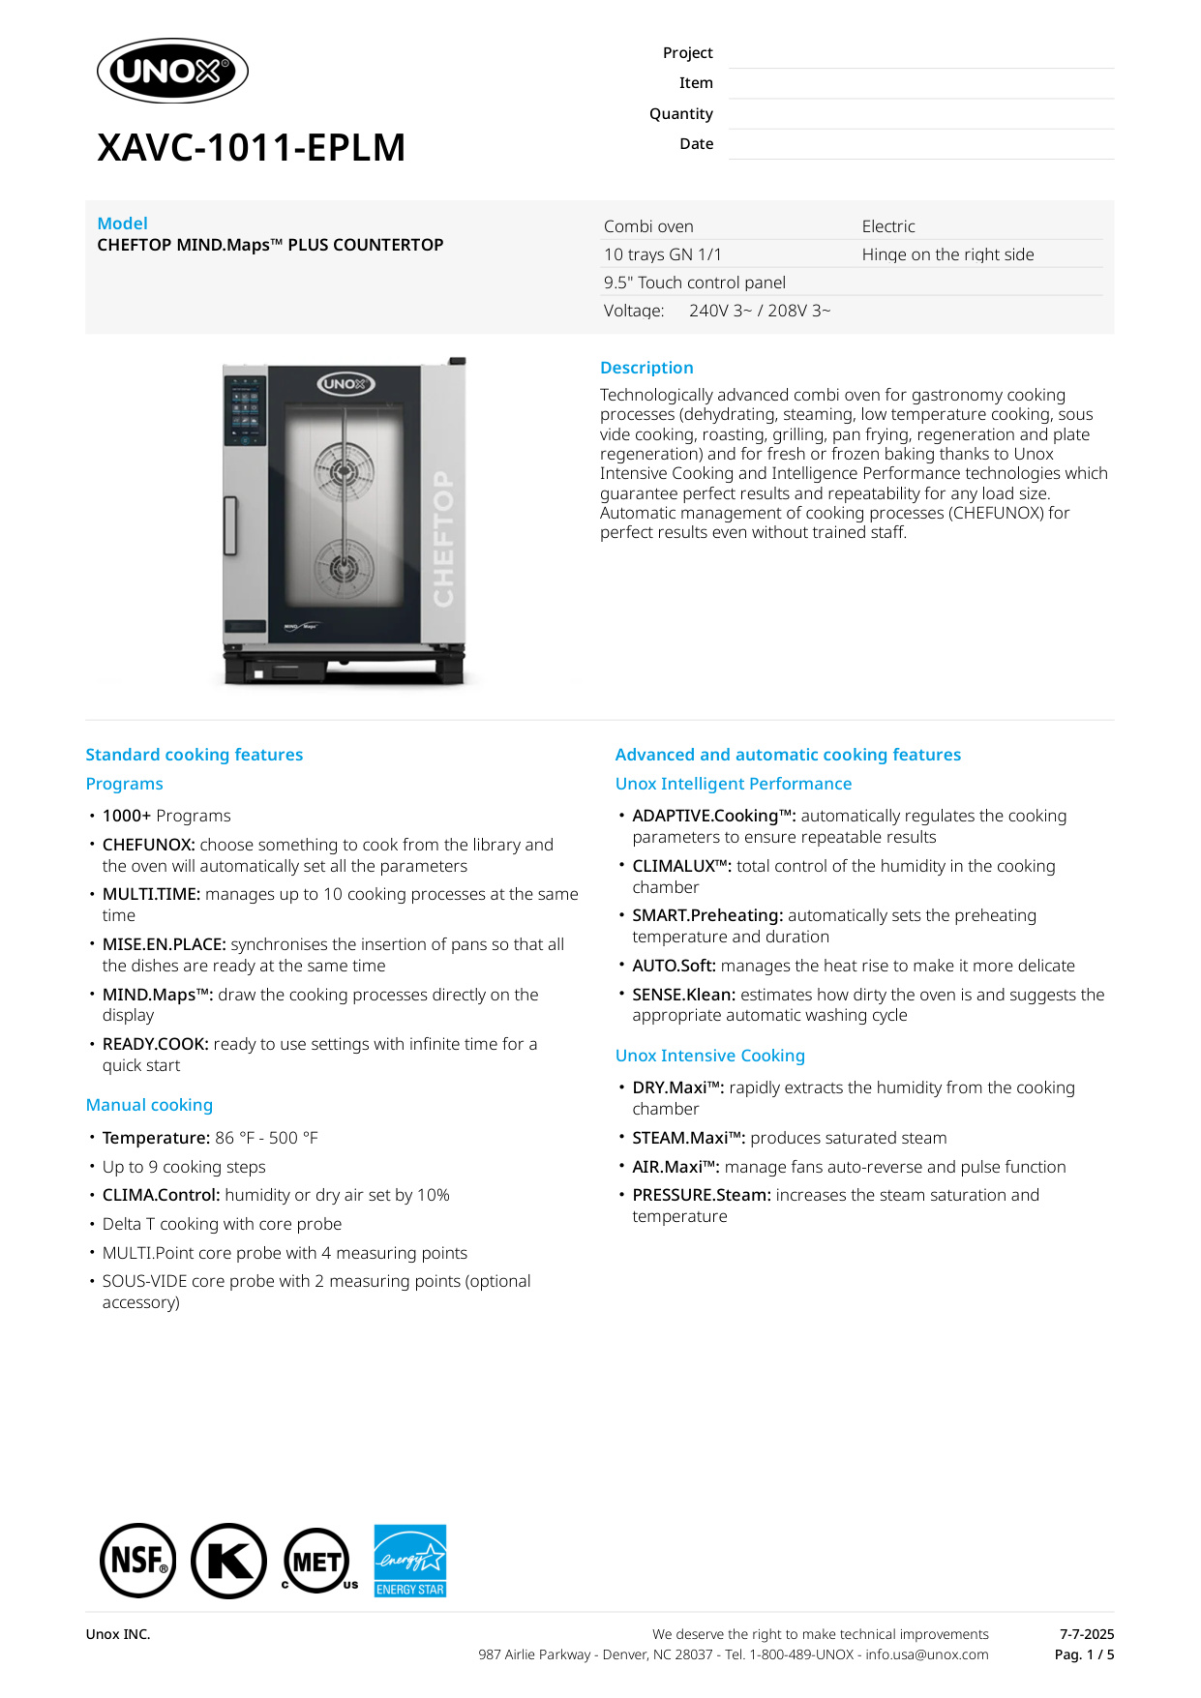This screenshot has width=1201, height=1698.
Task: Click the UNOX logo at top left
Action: pyautogui.click(x=172, y=71)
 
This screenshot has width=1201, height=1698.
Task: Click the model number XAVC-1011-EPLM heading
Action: pyautogui.click(x=251, y=148)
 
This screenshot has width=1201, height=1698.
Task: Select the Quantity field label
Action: pyautogui.click(x=680, y=114)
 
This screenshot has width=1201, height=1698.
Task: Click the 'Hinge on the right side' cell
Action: pyautogui.click(x=947, y=254)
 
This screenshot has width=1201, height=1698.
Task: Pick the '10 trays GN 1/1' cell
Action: pyautogui.click(x=662, y=254)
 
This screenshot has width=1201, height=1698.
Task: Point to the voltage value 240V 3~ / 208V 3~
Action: pyautogui.click(x=759, y=311)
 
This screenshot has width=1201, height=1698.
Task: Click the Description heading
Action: pyautogui.click(x=646, y=368)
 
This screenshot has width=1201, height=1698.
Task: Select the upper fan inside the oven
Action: pyautogui.click(x=344, y=471)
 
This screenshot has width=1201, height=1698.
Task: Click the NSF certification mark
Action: pyautogui.click(x=138, y=1561)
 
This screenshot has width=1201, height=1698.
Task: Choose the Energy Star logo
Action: pyautogui.click(x=410, y=1561)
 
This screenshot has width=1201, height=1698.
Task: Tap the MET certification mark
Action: pyautogui.click(x=317, y=1561)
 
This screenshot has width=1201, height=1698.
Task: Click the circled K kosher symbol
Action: pyautogui.click(x=228, y=1561)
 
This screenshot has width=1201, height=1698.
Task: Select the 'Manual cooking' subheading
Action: pyautogui.click(x=149, y=1105)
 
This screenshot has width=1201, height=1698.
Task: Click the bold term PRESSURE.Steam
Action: pyautogui.click(x=701, y=1195)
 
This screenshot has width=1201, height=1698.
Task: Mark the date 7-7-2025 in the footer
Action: pyautogui.click(x=1086, y=1634)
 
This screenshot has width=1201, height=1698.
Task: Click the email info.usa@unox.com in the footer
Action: pyautogui.click(x=926, y=1654)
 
